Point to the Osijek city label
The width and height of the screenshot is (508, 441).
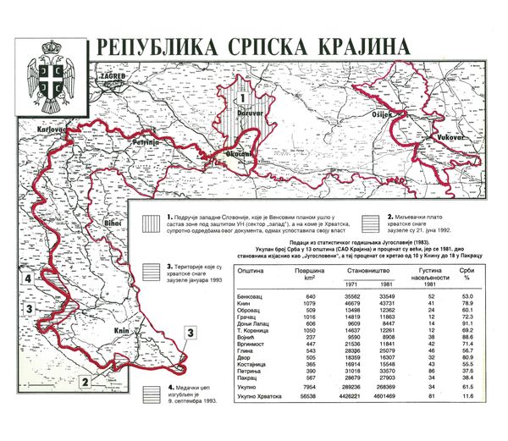click(x=384, y=114)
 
